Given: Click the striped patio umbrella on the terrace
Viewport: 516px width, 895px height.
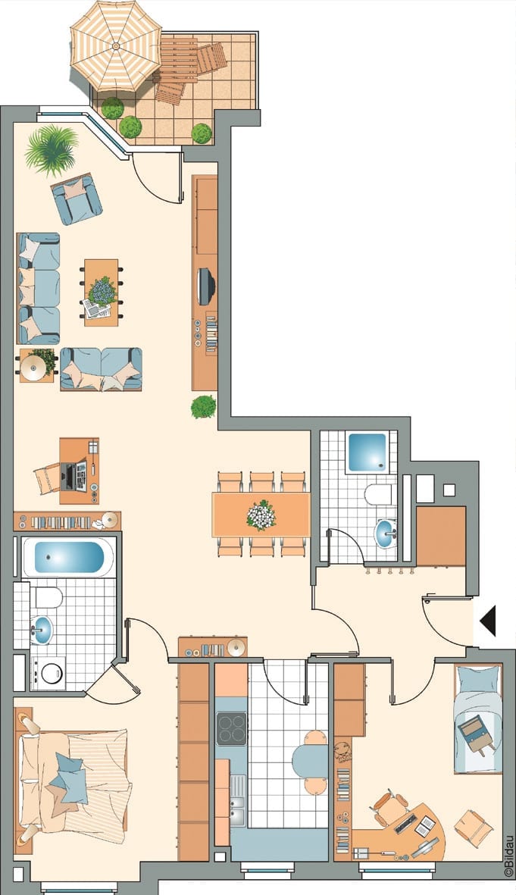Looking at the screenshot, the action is pyautogui.click(x=116, y=45).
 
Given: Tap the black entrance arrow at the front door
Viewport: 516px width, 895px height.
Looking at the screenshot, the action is pyautogui.click(x=488, y=621).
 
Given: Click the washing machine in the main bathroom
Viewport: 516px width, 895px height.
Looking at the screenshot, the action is pyautogui.click(x=48, y=673).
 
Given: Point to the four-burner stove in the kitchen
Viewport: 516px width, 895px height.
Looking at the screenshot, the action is pyautogui.click(x=232, y=728).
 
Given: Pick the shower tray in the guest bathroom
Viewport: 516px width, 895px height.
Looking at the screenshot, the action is pyautogui.click(x=367, y=452).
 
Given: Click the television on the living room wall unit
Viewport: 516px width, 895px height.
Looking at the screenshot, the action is pyautogui.click(x=205, y=286).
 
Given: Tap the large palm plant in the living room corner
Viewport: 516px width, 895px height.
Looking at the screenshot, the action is pyautogui.click(x=52, y=150).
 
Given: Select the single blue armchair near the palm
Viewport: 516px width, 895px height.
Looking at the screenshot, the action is pyautogui.click(x=77, y=199).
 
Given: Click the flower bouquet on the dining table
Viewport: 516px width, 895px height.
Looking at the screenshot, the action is pyautogui.click(x=261, y=515).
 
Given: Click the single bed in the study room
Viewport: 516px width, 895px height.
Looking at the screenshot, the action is pyautogui.click(x=478, y=718).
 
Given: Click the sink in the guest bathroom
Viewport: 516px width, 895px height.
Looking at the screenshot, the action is pyautogui.click(x=385, y=533).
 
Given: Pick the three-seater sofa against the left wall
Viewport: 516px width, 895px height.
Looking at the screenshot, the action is pyautogui.click(x=38, y=288).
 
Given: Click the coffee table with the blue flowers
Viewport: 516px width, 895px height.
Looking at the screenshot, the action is pyautogui.click(x=102, y=293).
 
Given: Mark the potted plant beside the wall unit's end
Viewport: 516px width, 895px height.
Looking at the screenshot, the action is pyautogui.click(x=203, y=407).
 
